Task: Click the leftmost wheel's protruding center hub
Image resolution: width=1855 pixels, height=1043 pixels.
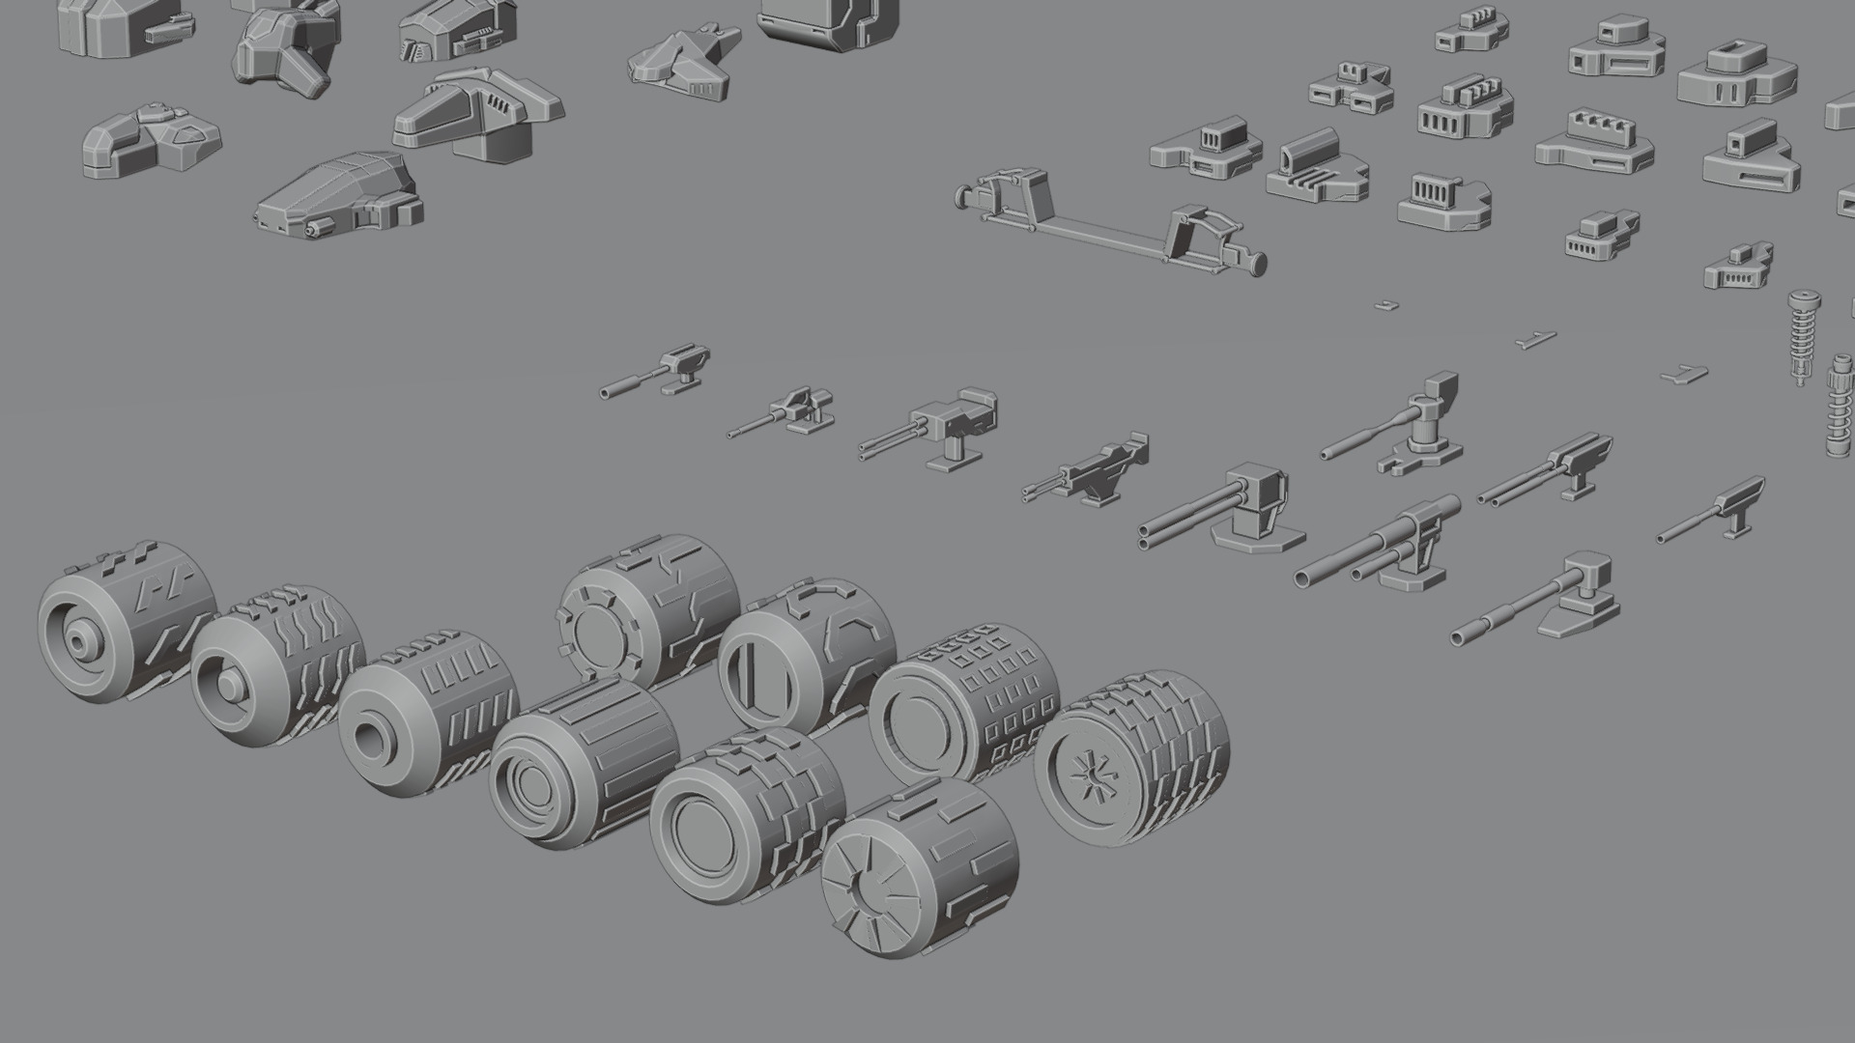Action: (77, 639)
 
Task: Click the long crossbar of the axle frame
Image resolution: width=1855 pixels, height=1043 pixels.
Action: (1101, 232)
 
